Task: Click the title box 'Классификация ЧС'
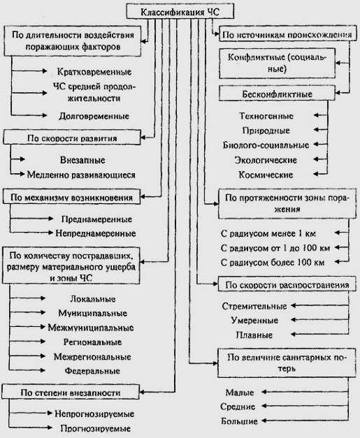pos(180,11)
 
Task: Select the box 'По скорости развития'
pos(72,137)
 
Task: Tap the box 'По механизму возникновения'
pos(71,197)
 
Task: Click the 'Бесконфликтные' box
pos(277,94)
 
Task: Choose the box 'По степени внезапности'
pos(71,392)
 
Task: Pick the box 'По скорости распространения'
pos(287,284)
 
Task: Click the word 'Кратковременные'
pos(94,72)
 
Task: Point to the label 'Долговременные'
pos(94,116)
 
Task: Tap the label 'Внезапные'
pos(82,160)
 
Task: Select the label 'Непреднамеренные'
pos(96,233)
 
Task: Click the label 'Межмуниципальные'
pos(91,328)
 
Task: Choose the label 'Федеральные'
pos(92,371)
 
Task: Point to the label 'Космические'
pos(266,175)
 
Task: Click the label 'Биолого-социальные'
pos(266,145)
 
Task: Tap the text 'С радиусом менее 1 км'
pos(268,233)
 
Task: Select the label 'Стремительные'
pos(254,306)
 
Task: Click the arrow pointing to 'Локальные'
pos(27,298)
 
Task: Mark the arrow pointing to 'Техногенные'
pos(321,115)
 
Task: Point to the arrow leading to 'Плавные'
pos(319,334)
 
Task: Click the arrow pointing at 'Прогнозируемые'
pos(31,428)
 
